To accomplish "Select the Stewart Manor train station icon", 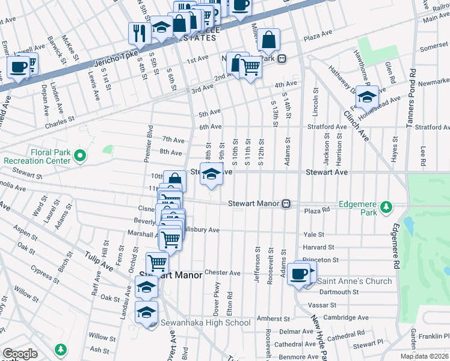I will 287,204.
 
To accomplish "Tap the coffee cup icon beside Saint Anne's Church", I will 298,274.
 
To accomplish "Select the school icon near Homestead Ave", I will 366,96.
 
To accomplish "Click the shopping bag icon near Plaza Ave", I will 269,40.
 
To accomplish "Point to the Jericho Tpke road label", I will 94,64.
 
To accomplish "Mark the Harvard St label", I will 318,247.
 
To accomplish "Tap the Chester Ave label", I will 223,273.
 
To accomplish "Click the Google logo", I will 20,354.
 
